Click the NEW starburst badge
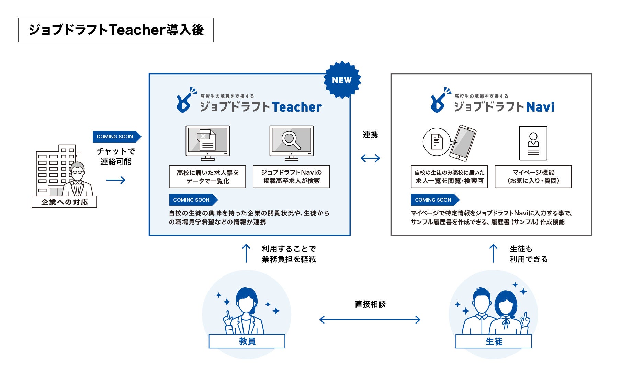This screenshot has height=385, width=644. (342, 80)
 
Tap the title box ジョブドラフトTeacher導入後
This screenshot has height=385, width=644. (116, 30)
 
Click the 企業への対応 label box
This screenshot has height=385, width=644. (64, 202)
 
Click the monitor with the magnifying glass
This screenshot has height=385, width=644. (291, 142)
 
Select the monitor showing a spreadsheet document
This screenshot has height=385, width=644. (207, 142)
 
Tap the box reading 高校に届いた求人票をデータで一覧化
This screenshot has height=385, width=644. (207, 177)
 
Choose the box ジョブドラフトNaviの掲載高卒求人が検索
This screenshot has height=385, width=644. (291, 177)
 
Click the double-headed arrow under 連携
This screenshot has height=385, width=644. (370, 158)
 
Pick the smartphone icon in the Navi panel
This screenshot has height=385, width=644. (463, 143)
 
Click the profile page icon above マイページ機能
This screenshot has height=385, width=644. (533, 143)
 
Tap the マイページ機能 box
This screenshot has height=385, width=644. (533, 177)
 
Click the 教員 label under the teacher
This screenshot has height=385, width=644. (247, 341)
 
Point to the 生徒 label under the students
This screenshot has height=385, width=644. (494, 341)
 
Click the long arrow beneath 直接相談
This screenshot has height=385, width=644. (370, 320)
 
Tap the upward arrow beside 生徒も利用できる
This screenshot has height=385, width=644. (493, 253)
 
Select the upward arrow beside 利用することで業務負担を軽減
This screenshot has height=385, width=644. (246, 253)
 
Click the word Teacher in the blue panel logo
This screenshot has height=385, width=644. (297, 107)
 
